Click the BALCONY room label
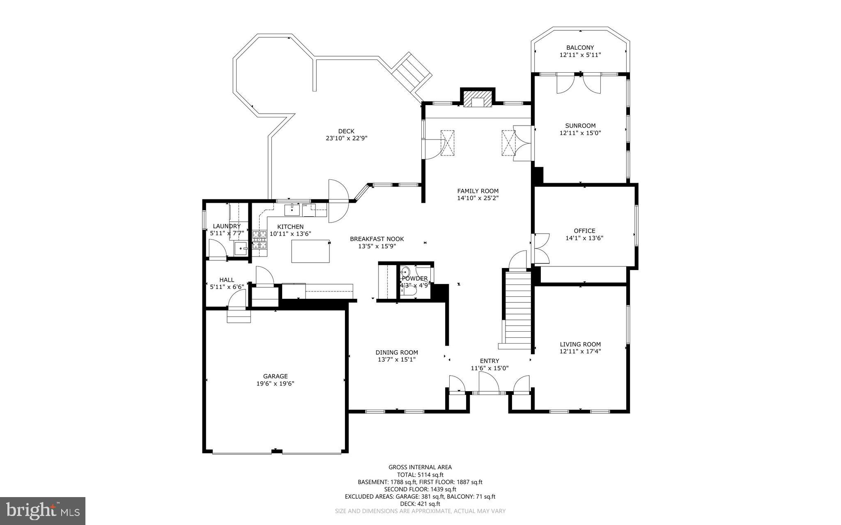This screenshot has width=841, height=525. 580,48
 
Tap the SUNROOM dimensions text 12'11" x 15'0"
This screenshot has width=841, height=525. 580,133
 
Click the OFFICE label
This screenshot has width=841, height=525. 584,231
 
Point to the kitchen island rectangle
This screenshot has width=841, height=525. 310,251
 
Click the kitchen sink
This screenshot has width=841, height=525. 292,210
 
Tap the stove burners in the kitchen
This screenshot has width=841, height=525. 259,240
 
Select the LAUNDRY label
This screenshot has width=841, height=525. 227,226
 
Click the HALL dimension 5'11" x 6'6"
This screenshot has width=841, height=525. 227,287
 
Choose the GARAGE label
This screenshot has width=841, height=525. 275,376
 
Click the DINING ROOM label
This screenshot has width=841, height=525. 397,352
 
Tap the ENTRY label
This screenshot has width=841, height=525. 489,361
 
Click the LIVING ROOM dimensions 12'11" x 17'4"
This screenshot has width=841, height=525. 580,351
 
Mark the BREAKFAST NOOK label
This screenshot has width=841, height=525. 377,239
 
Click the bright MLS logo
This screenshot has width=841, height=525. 43,511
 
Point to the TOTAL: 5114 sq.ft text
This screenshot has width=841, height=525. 420,475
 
